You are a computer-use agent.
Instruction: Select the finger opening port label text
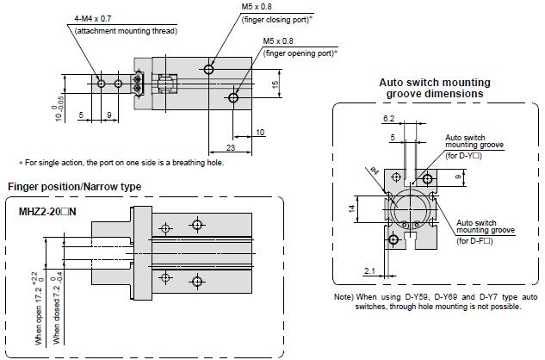(300, 53)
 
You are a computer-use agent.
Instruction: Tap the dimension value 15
(274, 84)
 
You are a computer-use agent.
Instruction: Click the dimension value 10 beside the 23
(260, 132)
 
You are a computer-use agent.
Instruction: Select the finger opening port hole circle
(233, 99)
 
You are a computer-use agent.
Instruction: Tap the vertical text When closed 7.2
(58, 308)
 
